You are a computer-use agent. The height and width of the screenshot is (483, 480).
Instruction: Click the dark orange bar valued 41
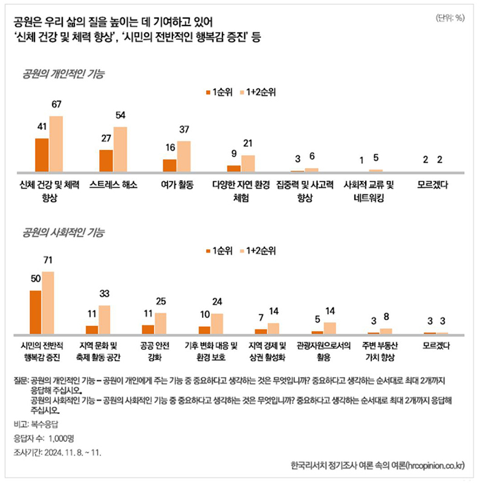42,155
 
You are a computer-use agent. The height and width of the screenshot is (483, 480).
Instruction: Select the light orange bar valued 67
56,144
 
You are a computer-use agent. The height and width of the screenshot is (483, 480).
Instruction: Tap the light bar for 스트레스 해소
120,149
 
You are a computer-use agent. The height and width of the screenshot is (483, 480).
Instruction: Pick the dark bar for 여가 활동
170,166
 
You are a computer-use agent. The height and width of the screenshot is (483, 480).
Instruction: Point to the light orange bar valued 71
48,302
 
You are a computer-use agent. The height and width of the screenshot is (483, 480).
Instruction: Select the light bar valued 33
105,319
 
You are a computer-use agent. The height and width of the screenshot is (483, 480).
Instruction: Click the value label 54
120,115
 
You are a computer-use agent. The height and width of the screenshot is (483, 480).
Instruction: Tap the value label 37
184,129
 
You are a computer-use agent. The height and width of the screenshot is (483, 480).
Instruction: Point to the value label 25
160,302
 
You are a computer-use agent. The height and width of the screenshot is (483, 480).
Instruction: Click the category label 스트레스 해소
113,185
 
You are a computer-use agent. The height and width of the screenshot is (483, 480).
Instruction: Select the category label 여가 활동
177,185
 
